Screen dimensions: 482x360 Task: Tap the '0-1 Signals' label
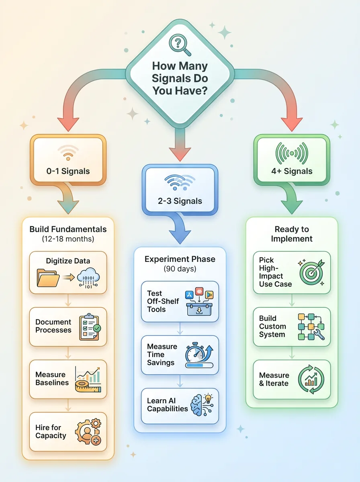pyautogui.click(x=68, y=172)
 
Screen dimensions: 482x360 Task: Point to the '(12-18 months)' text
pyautogui.click(x=67, y=239)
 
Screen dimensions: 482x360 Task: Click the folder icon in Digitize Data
pyautogui.click(x=48, y=278)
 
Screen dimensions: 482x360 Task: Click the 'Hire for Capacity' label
pyautogui.click(x=51, y=432)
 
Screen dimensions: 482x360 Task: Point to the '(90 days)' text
pyautogui.click(x=180, y=269)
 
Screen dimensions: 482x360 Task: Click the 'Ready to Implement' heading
pyautogui.click(x=292, y=234)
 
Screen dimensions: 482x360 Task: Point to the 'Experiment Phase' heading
pyautogui.click(x=180, y=259)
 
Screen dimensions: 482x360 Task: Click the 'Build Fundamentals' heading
pyautogui.click(x=68, y=229)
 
